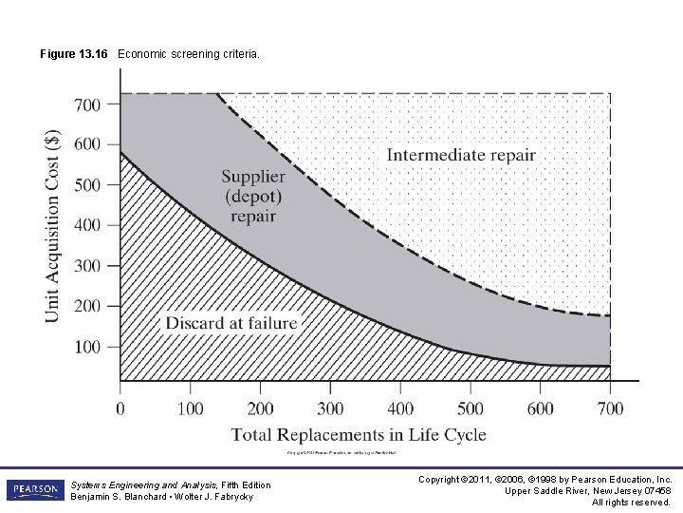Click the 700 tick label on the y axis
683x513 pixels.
[x=87, y=104]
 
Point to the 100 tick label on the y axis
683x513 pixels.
[x=87, y=347]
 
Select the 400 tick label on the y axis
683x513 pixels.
[x=87, y=225]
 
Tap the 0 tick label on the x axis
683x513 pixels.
[x=120, y=408]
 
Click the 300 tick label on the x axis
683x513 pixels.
[x=330, y=408]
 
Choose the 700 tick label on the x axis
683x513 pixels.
[x=610, y=408]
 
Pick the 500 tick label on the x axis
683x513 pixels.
[x=470, y=408]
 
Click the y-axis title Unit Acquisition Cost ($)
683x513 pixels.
[x=54, y=225]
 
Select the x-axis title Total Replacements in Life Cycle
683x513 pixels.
[x=359, y=435]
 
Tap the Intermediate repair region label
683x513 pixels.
[x=461, y=155]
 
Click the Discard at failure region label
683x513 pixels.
[x=231, y=323]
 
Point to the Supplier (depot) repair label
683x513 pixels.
[x=253, y=196]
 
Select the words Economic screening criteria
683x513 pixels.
[x=188, y=54]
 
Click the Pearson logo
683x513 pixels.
[x=35, y=490]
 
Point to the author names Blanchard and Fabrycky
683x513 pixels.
[x=162, y=497]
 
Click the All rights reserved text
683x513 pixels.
[x=631, y=503]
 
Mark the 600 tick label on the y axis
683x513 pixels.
[x=87, y=144]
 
